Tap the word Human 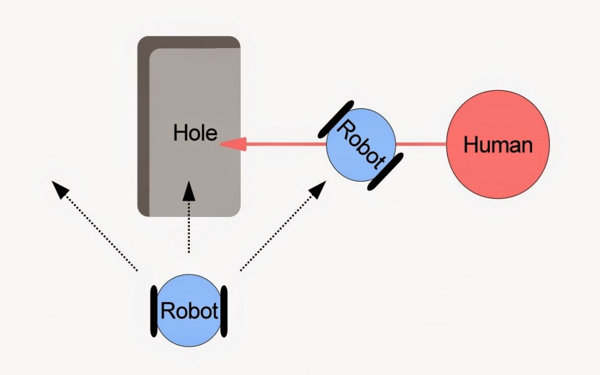pyautogui.click(x=498, y=145)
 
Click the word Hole pyautogui.click(x=195, y=133)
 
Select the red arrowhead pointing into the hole pyautogui.click(x=233, y=144)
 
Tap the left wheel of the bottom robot pyautogui.click(x=154, y=311)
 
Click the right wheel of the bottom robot pyautogui.click(x=223, y=311)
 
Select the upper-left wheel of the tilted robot pyautogui.click(x=335, y=120)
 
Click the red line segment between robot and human pyautogui.click(x=421, y=144)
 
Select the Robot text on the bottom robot pyautogui.click(x=189, y=311)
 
